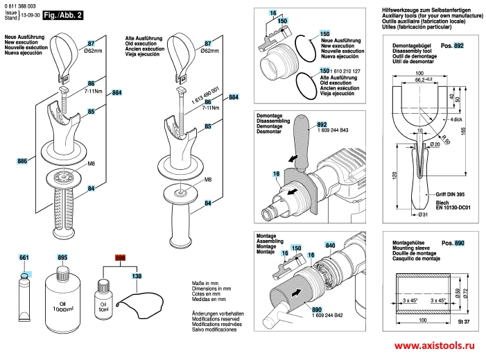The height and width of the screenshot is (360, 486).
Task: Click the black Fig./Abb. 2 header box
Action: point(63,15)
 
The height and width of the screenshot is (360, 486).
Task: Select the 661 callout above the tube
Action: point(24,257)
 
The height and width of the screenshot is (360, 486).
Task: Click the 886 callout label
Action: point(23,162)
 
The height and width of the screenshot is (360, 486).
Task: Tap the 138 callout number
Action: point(137,277)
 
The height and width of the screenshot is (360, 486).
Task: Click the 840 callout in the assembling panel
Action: point(330,246)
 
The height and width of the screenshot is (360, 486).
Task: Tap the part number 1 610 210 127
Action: point(344,70)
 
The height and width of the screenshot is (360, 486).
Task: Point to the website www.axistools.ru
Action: point(436,345)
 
